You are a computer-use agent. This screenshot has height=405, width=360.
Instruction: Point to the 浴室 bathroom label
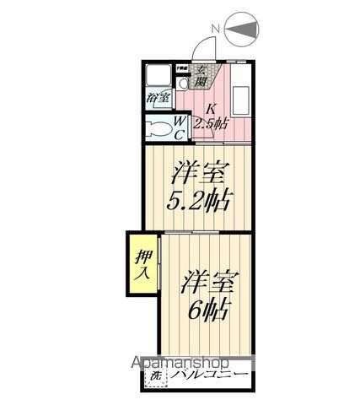pos(158,98)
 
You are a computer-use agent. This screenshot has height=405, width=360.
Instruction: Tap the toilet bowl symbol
pos(157,129)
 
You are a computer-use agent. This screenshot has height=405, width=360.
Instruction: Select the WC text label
pos(180,128)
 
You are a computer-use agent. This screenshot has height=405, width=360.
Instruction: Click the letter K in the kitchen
pos(212,108)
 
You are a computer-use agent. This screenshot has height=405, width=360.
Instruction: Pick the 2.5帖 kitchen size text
pos(211,124)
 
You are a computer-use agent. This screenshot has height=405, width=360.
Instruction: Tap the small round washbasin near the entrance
pos(184,85)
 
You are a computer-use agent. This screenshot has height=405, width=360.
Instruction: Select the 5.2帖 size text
pos(201,202)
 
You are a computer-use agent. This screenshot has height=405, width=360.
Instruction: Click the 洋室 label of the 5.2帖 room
pos(201,175)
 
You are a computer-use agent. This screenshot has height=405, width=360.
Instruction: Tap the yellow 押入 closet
pos(143,263)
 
